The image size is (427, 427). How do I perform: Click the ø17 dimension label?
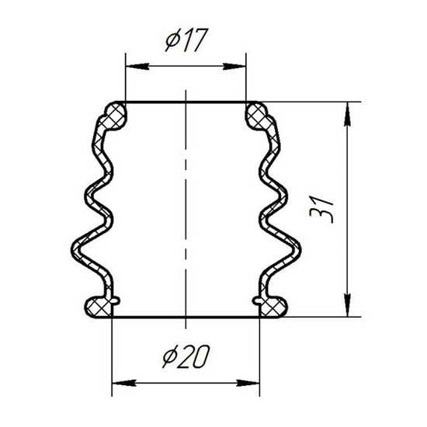[x=187, y=40]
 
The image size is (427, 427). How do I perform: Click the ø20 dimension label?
[x=186, y=356]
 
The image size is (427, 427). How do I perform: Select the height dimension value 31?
[x=321, y=209]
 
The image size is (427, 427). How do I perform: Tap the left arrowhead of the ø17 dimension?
[x=137, y=67]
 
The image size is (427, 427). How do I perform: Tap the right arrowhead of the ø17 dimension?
[x=234, y=67]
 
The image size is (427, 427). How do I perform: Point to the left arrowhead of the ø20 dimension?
[x=124, y=383]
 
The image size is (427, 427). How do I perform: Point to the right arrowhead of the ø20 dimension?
[x=248, y=383]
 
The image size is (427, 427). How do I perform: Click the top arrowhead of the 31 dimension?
[x=348, y=114]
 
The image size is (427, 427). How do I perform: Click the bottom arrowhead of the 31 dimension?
[x=348, y=305]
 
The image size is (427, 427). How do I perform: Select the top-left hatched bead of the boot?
[x=116, y=116]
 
